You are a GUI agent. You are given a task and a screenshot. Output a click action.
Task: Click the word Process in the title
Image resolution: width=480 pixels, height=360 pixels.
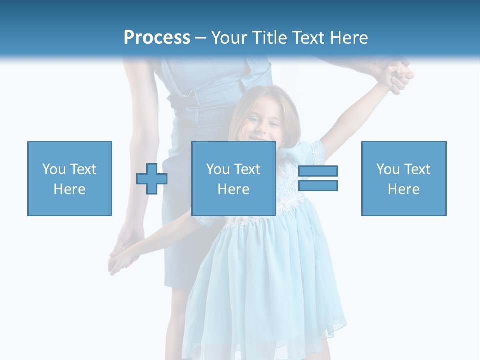157,38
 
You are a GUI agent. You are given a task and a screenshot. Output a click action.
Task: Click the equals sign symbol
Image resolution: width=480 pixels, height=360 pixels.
318,178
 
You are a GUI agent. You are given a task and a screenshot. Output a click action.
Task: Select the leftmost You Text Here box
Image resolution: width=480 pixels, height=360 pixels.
70,178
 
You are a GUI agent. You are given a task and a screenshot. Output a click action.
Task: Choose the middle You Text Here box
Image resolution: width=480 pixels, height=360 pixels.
233,178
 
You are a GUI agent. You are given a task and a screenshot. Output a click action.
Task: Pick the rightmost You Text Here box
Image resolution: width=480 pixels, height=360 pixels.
404,178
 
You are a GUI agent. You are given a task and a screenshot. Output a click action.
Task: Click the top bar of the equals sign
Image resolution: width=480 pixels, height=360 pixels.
318,171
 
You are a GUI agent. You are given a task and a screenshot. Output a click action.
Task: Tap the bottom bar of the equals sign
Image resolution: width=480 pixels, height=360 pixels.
318,185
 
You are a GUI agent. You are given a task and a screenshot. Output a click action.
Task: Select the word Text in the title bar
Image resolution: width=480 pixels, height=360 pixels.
312,38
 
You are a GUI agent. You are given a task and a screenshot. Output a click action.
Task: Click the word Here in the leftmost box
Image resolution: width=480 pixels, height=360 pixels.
70,189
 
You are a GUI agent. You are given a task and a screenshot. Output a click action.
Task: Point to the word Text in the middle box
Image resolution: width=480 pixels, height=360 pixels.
248,169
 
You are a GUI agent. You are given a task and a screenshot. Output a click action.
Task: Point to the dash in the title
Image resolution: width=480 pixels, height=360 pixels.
200,38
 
